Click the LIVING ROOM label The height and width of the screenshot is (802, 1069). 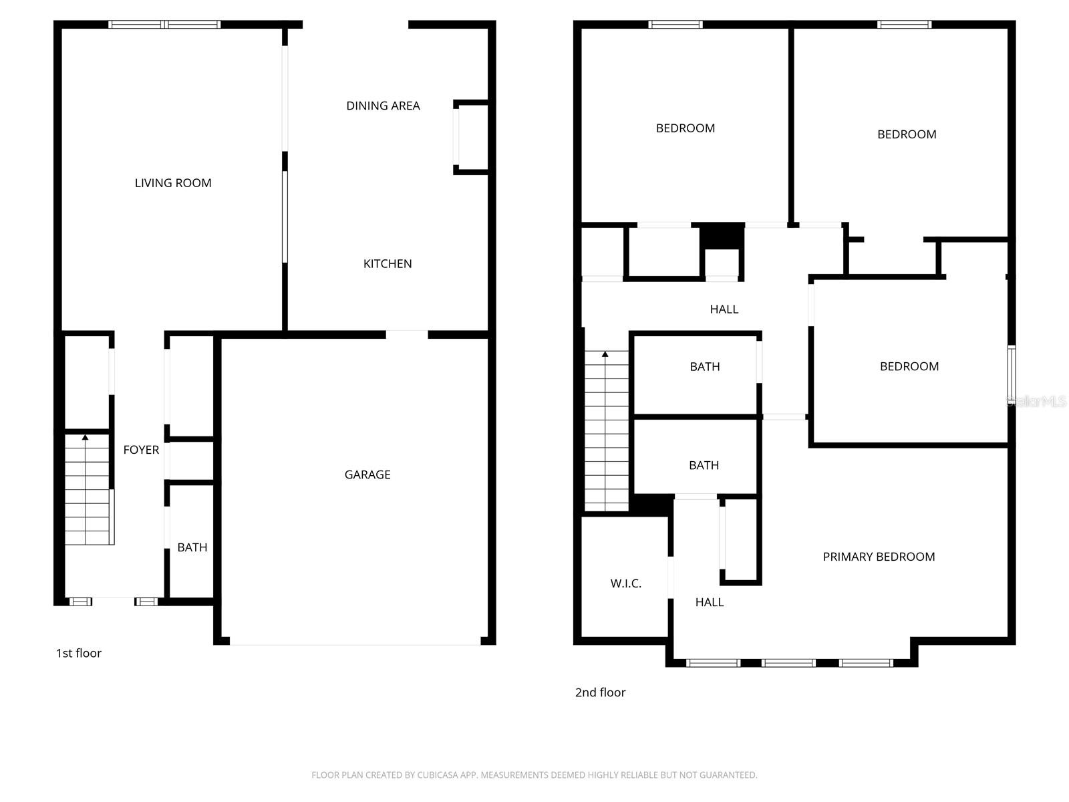[173, 183]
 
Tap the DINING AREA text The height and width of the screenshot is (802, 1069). [383, 106]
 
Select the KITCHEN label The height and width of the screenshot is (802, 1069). [388, 264]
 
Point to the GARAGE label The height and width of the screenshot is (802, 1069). [367, 475]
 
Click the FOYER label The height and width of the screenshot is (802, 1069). [141, 450]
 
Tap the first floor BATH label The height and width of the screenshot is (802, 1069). [192, 547]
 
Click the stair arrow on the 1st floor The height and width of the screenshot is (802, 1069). [86, 438]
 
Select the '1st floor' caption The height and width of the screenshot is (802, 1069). [79, 653]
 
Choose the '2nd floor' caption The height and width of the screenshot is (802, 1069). [600, 692]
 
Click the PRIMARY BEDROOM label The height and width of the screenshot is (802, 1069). [879, 557]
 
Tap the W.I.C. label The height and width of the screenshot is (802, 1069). [626, 583]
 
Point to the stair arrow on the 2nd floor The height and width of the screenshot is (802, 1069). [605, 354]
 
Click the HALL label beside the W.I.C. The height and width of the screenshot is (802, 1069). [710, 602]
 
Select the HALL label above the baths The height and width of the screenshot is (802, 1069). [724, 309]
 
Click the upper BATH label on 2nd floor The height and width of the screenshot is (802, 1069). [705, 367]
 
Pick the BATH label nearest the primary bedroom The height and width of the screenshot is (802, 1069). [704, 465]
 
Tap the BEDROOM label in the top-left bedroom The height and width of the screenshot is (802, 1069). [685, 128]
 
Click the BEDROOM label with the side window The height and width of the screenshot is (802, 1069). [909, 366]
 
